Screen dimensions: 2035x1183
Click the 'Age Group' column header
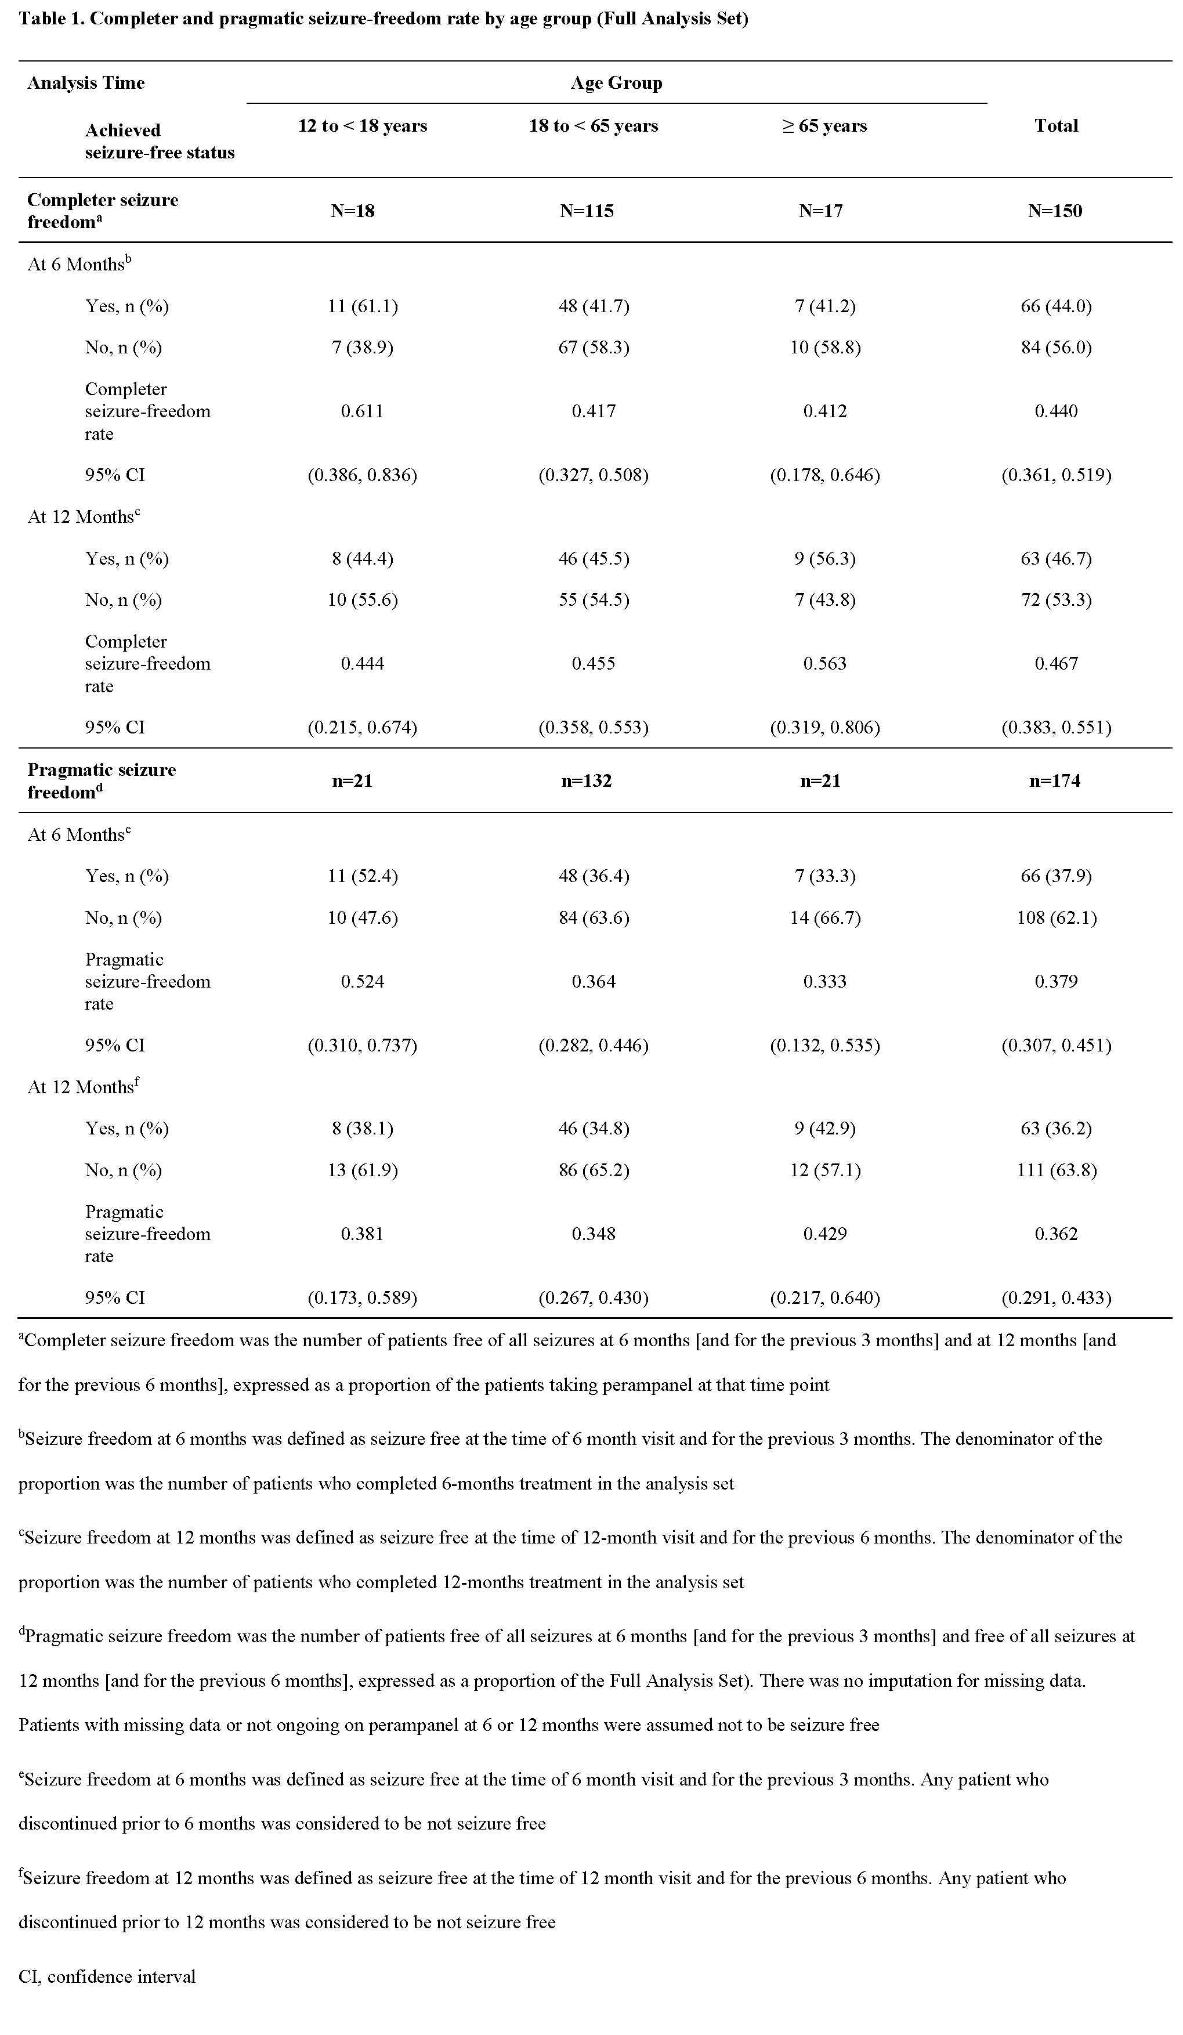pos(616,83)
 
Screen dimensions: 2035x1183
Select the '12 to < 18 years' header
pos(363,126)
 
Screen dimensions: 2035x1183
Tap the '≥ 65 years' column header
pos(824,126)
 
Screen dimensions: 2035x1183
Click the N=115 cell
pos(587,211)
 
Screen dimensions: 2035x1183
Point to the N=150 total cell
pos(1055,211)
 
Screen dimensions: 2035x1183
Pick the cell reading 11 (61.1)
pos(363,306)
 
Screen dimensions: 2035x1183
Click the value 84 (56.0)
pos(1056,347)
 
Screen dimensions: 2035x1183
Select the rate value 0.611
pos(363,411)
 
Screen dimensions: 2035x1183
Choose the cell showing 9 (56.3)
pos(824,559)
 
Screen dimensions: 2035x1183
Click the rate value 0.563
pos(824,664)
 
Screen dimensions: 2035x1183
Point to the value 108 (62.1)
pos(1056,917)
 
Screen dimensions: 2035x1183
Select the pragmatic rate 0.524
pos(363,981)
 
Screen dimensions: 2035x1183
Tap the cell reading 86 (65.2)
pos(594,1170)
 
